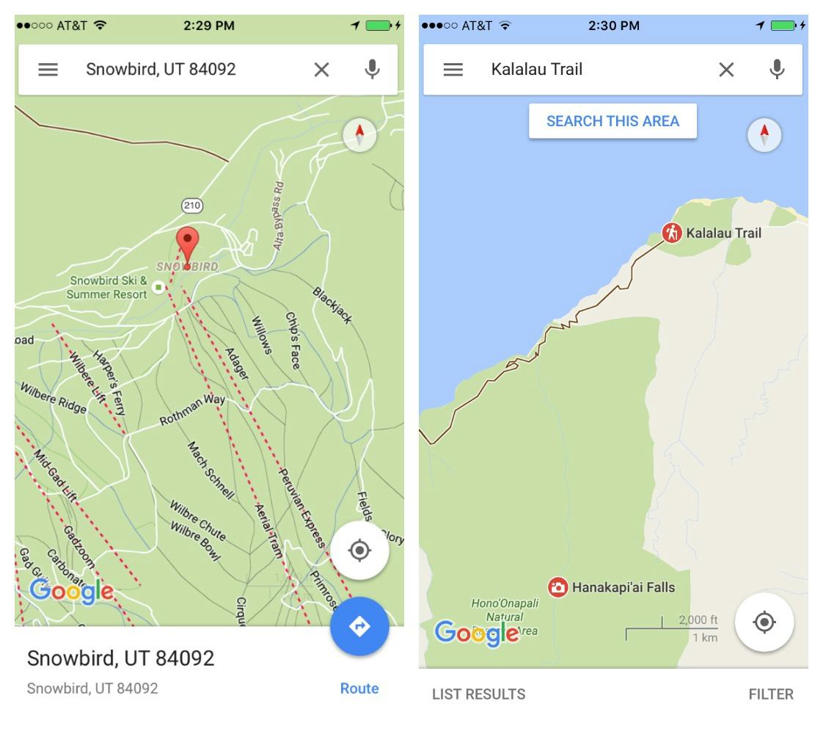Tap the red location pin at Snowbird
pyautogui.click(x=188, y=242)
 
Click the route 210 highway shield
pyautogui.click(x=192, y=206)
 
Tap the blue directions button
pyautogui.click(x=359, y=626)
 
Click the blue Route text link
pyautogui.click(x=359, y=688)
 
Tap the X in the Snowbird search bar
pyautogui.click(x=321, y=70)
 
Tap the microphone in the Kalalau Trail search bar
pyautogui.click(x=777, y=70)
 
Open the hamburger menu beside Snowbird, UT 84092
pyautogui.click(x=48, y=70)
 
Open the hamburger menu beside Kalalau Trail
pyautogui.click(x=453, y=70)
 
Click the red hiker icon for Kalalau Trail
pyautogui.click(x=671, y=233)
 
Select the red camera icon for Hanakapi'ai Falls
pyautogui.click(x=558, y=587)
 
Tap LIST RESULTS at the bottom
pyautogui.click(x=478, y=694)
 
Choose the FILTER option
pyautogui.click(x=771, y=694)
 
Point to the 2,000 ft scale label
pyautogui.click(x=698, y=620)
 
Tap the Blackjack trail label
pyautogui.click(x=332, y=305)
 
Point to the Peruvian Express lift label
pyautogui.click(x=301, y=507)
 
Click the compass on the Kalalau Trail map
pyautogui.click(x=764, y=135)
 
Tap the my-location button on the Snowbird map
pyautogui.click(x=359, y=550)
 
